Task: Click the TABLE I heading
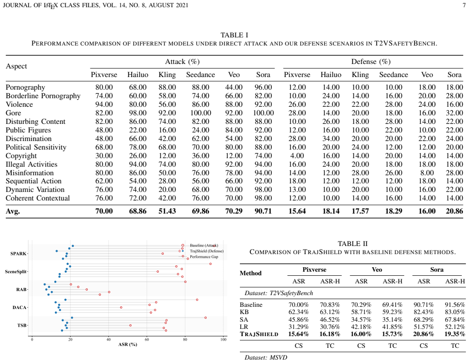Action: [234, 35]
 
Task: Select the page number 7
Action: [464, 5]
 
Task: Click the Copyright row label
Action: [21, 156]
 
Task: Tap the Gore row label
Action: [14, 113]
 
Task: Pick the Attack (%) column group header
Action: [182, 62]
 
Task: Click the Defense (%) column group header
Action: [371, 62]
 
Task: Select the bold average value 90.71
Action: [263, 211]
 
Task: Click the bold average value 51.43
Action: [167, 211]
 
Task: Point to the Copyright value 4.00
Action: [297, 156]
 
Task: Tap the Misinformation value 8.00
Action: [427, 173]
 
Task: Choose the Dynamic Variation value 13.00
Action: [297, 190]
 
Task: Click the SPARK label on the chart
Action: [18, 254]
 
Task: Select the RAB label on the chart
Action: [21, 290]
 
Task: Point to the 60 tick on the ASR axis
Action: [147, 340]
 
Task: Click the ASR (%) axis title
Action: [128, 344]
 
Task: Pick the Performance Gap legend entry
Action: [204, 257]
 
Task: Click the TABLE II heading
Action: [352, 243]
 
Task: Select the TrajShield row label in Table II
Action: [259, 334]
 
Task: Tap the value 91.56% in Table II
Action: [455, 305]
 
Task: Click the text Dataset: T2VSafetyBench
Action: [279, 293]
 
